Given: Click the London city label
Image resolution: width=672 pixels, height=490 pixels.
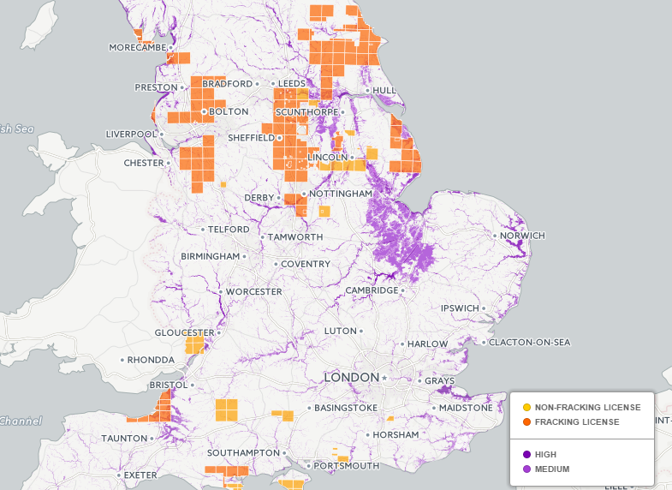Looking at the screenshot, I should (x=351, y=378).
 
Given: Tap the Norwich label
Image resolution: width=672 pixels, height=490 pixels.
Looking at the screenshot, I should (x=524, y=236).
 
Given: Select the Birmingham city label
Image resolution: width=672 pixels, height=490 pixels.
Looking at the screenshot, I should (x=211, y=257).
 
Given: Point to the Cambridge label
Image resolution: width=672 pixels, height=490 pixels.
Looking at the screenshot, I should (x=372, y=290).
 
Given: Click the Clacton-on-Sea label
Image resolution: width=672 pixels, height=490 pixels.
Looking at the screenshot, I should (x=529, y=343).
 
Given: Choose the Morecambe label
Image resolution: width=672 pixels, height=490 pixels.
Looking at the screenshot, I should (x=137, y=47).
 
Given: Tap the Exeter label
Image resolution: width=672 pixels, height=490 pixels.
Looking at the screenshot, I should (x=140, y=475).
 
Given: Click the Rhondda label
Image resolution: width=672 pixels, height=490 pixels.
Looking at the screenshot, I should (x=151, y=360).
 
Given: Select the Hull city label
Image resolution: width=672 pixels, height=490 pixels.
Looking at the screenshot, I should (x=384, y=90).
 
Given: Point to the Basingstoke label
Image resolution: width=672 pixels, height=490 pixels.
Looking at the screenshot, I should (x=346, y=408).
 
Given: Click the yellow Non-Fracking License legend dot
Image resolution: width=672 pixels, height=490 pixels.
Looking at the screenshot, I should (x=526, y=407).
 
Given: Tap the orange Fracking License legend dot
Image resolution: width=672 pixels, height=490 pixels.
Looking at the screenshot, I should (x=526, y=422).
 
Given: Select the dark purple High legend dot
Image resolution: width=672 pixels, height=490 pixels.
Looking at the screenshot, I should (x=526, y=454).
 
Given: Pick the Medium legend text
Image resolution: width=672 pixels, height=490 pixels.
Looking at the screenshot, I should (x=551, y=469).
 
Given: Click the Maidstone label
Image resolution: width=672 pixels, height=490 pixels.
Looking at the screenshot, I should (x=466, y=408).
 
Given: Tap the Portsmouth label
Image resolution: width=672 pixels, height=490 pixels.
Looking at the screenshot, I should (x=347, y=466).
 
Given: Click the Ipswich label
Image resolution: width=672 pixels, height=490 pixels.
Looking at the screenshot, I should (x=461, y=308).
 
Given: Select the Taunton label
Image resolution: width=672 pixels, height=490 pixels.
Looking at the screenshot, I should (x=125, y=438).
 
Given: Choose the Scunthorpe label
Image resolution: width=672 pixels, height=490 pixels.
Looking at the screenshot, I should (x=308, y=111).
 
